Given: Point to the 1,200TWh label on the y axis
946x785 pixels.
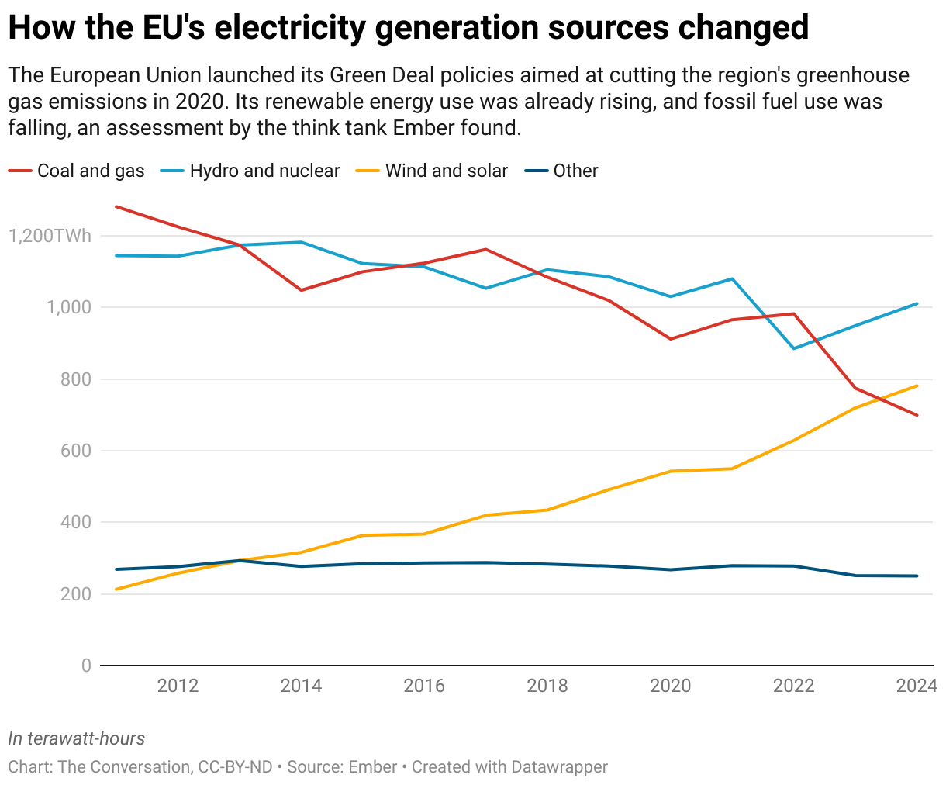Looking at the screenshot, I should click(x=50, y=236).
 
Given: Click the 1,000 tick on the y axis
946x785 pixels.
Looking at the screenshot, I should click(x=69, y=307).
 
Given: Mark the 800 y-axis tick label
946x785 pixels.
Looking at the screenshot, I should click(x=76, y=379).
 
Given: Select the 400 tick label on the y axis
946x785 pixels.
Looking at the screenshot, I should click(x=76, y=523).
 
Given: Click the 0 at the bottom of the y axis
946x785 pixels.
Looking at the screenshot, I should click(x=86, y=666).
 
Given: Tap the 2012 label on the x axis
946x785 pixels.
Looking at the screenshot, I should click(x=178, y=686).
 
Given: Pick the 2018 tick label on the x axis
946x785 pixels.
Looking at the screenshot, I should click(x=547, y=686).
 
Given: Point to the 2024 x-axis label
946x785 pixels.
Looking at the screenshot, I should click(x=917, y=686).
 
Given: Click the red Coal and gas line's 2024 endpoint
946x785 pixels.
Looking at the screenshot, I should click(x=917, y=415).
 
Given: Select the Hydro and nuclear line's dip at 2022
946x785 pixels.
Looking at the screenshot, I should click(x=794, y=348).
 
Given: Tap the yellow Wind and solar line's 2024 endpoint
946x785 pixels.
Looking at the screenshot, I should click(x=917, y=386).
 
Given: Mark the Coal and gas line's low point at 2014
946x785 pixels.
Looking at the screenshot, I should click(x=301, y=290).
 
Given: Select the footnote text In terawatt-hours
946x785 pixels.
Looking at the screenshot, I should click(x=77, y=738).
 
